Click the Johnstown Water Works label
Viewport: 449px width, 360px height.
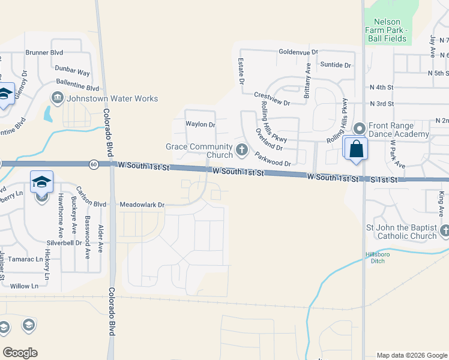click(x=112, y=98)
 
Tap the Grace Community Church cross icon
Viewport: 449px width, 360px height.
click(x=242, y=149)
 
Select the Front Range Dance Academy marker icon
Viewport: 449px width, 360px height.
click(x=360, y=128)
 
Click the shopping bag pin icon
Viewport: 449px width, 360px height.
click(x=356, y=149)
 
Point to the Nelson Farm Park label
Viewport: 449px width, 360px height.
click(x=387, y=30)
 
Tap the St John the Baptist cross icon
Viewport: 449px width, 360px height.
click(x=444, y=231)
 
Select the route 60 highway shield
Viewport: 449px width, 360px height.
click(x=94, y=164)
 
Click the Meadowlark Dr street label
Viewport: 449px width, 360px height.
click(x=142, y=205)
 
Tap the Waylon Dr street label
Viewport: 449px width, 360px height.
click(x=200, y=125)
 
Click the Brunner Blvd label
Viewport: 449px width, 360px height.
click(x=44, y=52)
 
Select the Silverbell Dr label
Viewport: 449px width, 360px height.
click(x=64, y=243)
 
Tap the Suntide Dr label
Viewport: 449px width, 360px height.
click(x=335, y=65)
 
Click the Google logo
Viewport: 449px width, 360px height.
click(x=20, y=353)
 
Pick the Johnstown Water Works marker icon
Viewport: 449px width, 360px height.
click(x=58, y=97)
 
